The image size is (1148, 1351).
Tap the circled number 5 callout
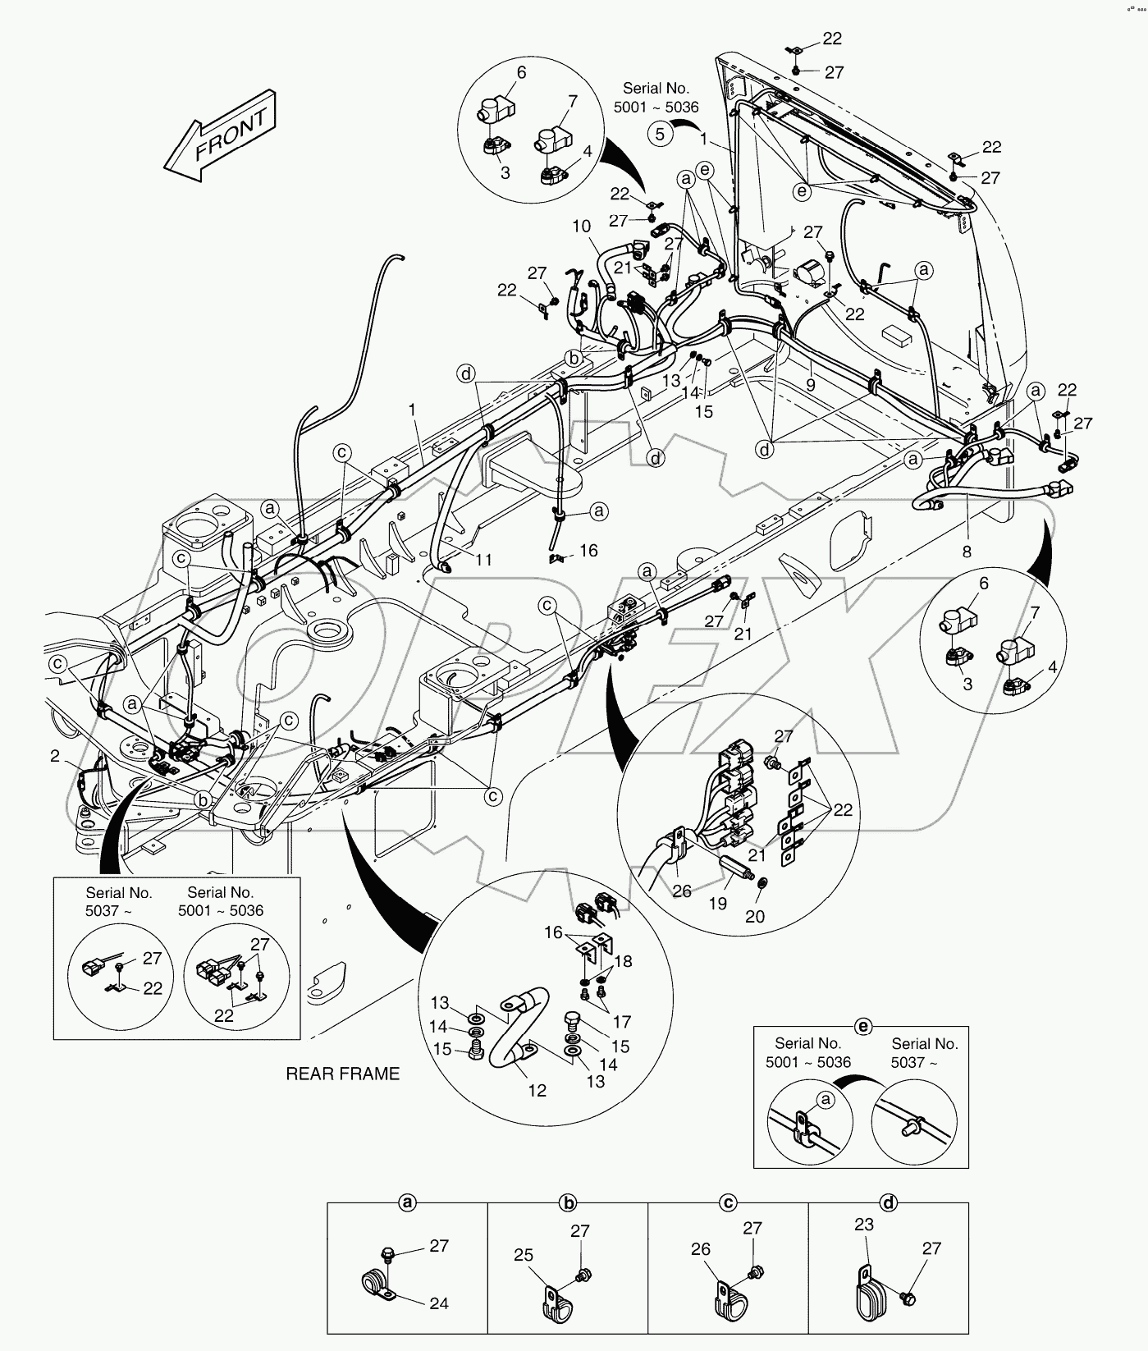point(661,133)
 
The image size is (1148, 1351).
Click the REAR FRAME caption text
point(342,1074)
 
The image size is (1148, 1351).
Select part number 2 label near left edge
point(54,756)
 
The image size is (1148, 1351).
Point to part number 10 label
point(581,226)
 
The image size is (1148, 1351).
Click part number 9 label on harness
point(810,383)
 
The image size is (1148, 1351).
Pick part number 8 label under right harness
point(967,552)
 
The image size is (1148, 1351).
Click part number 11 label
point(483,559)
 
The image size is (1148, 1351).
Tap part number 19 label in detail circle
point(717,904)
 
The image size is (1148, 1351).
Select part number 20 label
point(754,916)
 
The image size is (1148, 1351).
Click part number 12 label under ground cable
point(537,1091)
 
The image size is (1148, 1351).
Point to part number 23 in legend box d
point(863,1224)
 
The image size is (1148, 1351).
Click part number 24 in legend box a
point(439,1303)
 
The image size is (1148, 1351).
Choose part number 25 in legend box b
point(524,1255)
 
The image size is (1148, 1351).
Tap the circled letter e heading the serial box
point(862,1026)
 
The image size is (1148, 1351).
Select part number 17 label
point(621,1022)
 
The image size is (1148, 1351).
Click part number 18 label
point(623,961)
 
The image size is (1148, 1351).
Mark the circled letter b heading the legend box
point(568,1203)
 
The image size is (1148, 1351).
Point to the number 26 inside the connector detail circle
point(682,891)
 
